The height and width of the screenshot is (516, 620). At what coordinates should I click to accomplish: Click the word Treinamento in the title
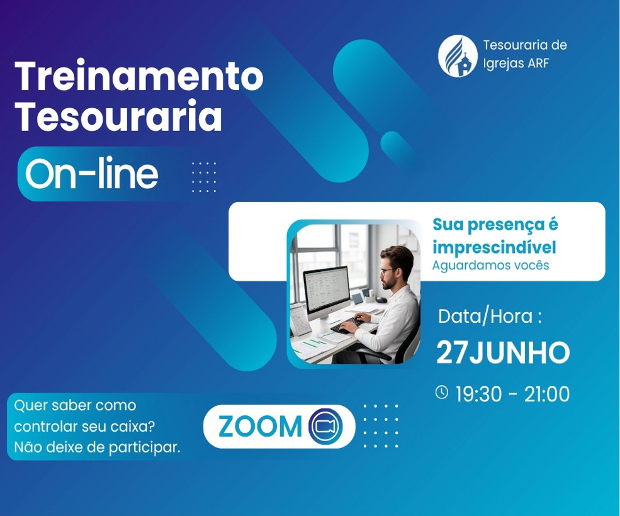pyautogui.click(x=138, y=76)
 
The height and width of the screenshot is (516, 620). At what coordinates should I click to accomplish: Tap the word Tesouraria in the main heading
pyautogui.click(x=118, y=116)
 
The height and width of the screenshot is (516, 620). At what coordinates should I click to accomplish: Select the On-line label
pyautogui.click(x=91, y=173)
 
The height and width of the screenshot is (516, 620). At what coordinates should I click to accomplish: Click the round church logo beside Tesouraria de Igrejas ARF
pyautogui.click(x=458, y=56)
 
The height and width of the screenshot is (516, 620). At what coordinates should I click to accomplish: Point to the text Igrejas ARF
pyautogui.click(x=516, y=64)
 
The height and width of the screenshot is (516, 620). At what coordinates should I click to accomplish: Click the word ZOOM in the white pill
pyautogui.click(x=260, y=426)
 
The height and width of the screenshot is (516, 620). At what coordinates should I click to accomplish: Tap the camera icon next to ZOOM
pyautogui.click(x=325, y=426)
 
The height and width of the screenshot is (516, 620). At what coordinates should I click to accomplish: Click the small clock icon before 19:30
pyautogui.click(x=442, y=392)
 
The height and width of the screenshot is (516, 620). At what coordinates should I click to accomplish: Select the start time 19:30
pyautogui.click(x=478, y=394)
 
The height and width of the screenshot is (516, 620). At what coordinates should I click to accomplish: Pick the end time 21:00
pyautogui.click(x=547, y=394)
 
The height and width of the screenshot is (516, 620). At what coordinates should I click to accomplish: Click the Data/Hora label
pyautogui.click(x=490, y=317)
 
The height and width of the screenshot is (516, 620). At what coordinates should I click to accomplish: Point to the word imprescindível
pyautogui.click(x=494, y=247)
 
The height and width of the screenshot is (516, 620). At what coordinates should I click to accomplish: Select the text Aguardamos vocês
pyautogui.click(x=490, y=265)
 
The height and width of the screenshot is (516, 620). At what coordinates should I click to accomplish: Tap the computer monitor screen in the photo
pyautogui.click(x=327, y=288)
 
